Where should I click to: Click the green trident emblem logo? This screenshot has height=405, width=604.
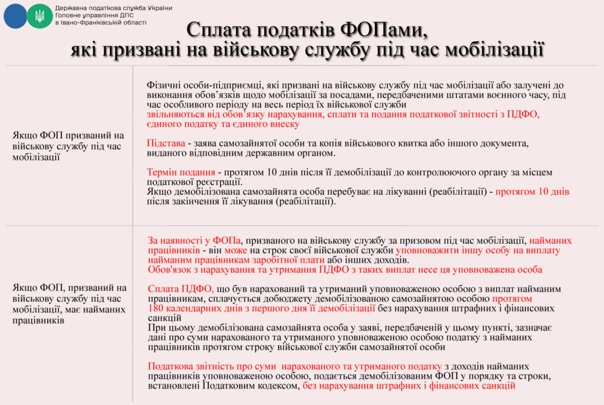click(x=40, y=16)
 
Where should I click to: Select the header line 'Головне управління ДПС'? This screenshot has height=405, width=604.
click(x=95, y=15)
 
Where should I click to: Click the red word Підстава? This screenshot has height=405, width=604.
click(x=165, y=143)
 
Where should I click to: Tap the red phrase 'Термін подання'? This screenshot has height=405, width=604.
click(x=180, y=172)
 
